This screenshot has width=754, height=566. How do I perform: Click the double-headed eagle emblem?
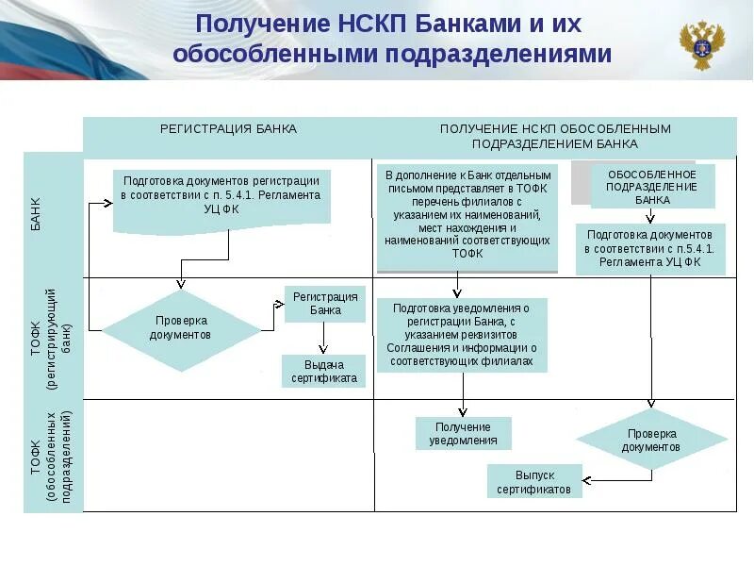702,44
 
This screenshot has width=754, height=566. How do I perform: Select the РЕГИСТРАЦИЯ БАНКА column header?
228,129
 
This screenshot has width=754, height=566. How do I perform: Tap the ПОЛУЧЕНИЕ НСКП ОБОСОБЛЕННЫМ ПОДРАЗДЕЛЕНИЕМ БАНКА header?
554,137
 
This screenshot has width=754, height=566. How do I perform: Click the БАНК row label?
36,215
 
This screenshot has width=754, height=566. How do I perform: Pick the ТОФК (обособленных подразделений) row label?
52,456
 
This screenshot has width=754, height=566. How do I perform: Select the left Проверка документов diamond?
180,327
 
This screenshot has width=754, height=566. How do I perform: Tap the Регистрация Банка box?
325,303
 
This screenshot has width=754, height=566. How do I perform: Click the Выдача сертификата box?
323,371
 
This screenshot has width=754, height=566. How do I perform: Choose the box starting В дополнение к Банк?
467,214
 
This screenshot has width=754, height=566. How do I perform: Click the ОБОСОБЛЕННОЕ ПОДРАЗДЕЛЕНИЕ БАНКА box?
652,187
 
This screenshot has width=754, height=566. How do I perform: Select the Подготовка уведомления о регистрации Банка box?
461,334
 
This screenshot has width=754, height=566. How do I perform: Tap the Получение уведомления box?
464,433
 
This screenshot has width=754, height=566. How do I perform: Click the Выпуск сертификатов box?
534,482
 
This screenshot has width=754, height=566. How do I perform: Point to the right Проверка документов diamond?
651,440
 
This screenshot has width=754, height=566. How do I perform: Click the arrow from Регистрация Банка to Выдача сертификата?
324,338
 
